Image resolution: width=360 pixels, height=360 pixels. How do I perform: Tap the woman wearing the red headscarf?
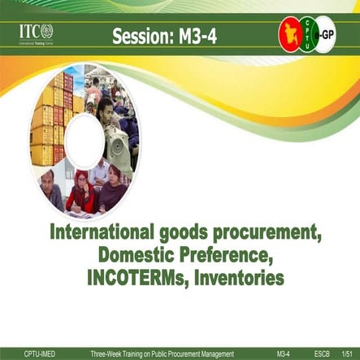pos(81,193)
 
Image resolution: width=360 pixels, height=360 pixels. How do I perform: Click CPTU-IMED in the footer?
pos(40,353)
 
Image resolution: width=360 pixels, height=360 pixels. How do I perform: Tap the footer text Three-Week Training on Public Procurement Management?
pos(162,353)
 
